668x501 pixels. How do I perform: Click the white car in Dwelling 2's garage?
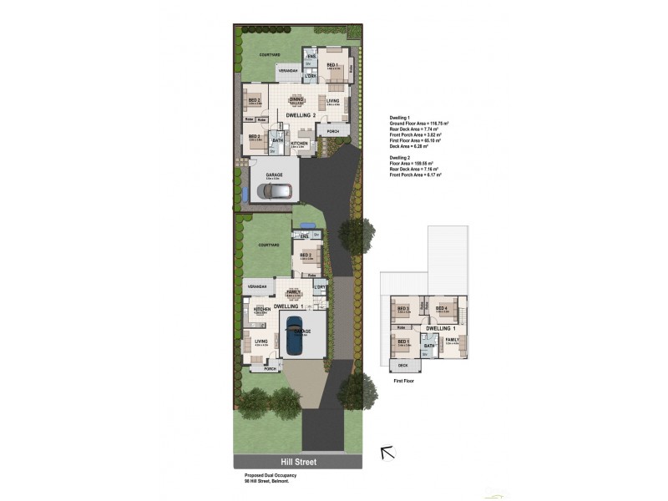pos(275,191)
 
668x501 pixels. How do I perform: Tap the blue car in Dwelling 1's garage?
pos(294,336)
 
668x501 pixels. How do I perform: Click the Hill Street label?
pos(297,462)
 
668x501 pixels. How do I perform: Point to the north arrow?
pos(387,453)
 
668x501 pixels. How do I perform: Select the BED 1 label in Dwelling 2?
pos(331,65)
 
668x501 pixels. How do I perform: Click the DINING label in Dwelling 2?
pos(296,99)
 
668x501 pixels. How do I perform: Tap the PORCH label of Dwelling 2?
pos(332,132)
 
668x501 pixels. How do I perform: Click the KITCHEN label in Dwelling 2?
pos(300,144)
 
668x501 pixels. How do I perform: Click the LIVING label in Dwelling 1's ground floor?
pos(261,341)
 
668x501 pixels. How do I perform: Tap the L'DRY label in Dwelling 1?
pos(321,288)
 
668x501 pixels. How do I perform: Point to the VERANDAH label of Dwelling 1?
pos(256,287)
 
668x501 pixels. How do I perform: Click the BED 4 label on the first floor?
pos(442,309)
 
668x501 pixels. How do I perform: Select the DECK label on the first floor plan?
pos(402,366)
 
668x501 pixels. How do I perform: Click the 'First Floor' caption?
pos(403,380)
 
